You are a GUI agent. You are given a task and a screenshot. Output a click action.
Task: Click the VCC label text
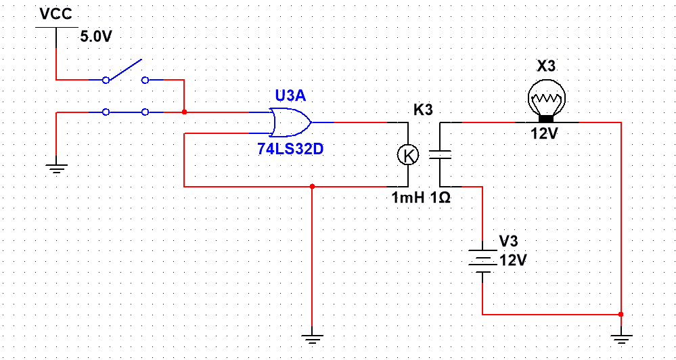click(x=56, y=14)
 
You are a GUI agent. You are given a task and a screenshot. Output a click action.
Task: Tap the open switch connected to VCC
click(x=126, y=73)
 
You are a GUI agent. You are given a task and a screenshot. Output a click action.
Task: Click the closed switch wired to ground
click(x=126, y=112)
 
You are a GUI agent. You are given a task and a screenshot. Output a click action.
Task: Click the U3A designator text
click(x=290, y=95)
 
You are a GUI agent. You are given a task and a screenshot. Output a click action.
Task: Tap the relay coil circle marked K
click(x=408, y=155)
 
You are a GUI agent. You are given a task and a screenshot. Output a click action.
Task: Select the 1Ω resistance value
click(x=441, y=199)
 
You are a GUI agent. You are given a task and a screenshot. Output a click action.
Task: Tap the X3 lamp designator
click(x=546, y=66)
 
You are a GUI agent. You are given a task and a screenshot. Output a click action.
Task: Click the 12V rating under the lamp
click(x=544, y=134)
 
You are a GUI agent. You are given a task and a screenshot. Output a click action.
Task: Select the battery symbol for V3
click(x=482, y=261)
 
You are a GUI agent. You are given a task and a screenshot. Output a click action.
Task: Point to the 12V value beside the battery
click(x=512, y=260)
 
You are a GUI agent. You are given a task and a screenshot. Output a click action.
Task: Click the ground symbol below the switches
click(x=56, y=168)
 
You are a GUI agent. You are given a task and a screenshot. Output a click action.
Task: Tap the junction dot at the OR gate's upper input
click(x=184, y=112)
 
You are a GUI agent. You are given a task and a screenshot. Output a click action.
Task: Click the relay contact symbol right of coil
click(x=441, y=155)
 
